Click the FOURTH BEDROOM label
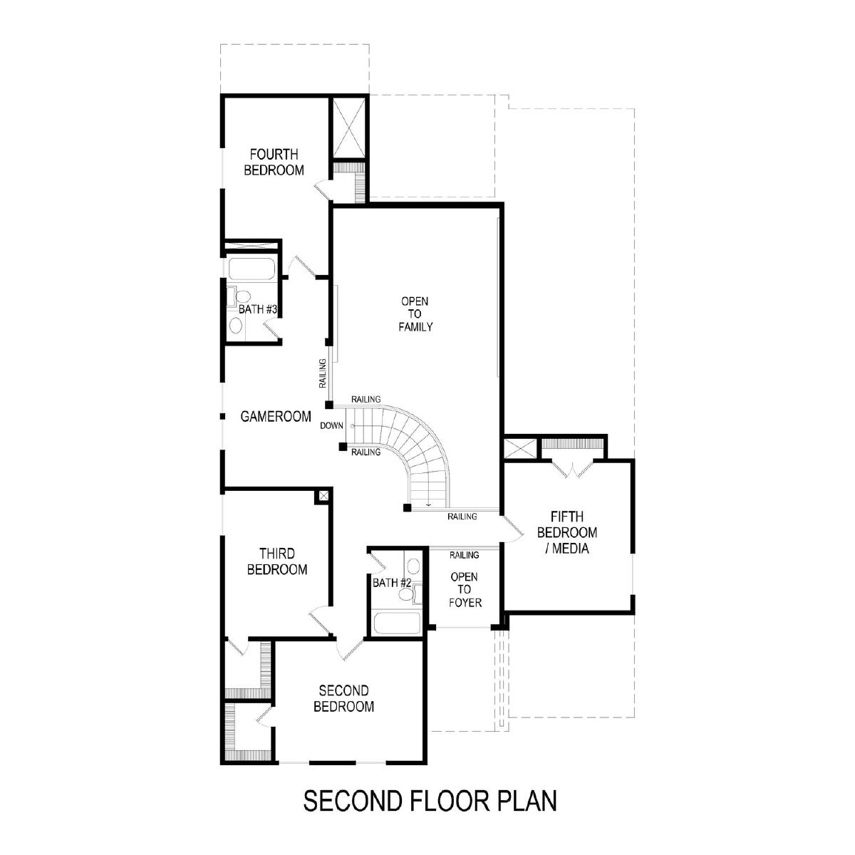(274, 162)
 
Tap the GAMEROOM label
(276, 416)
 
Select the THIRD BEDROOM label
(277, 561)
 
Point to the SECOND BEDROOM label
(343, 698)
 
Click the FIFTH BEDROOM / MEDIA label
(567, 532)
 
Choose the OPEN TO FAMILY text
(415, 314)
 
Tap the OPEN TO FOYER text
(465, 590)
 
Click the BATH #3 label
(258, 309)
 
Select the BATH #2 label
(392, 583)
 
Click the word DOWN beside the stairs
(331, 425)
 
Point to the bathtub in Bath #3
(251, 269)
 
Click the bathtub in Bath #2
(397, 623)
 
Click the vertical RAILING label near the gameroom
(323, 373)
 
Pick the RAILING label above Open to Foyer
(464, 554)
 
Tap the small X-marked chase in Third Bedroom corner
(323, 496)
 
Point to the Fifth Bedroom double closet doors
(573, 470)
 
